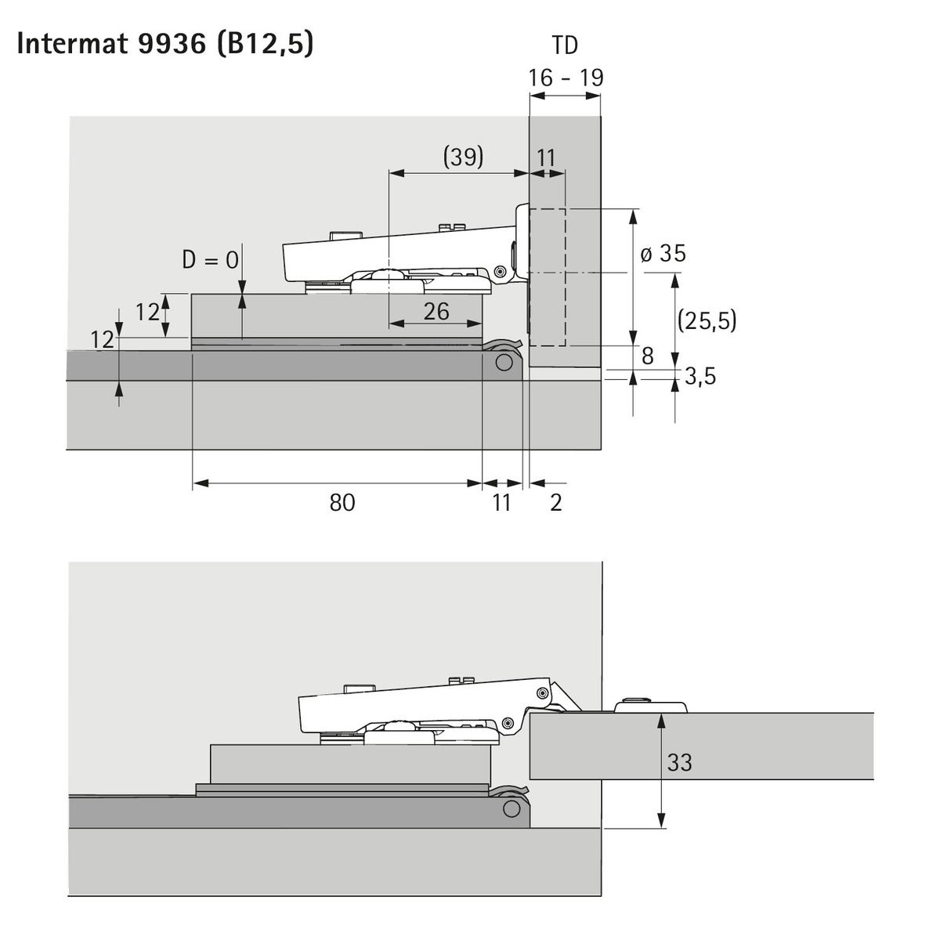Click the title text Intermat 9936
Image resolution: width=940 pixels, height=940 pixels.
click(x=112, y=44)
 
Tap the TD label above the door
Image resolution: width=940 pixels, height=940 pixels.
click(x=565, y=45)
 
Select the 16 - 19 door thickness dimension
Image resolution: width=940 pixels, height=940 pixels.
click(x=566, y=78)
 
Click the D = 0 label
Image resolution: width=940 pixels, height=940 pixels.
click(x=210, y=259)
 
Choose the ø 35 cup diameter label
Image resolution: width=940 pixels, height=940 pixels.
click(x=663, y=254)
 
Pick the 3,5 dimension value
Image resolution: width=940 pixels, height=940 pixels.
click(x=700, y=376)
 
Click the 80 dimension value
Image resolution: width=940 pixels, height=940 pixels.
click(x=342, y=502)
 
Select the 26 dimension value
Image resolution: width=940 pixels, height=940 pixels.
click(x=436, y=311)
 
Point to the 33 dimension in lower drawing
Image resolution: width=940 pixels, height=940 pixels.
click(x=679, y=762)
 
